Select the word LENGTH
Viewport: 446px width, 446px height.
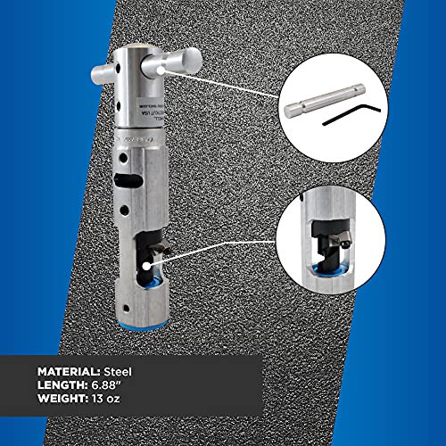tap(63, 386)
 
